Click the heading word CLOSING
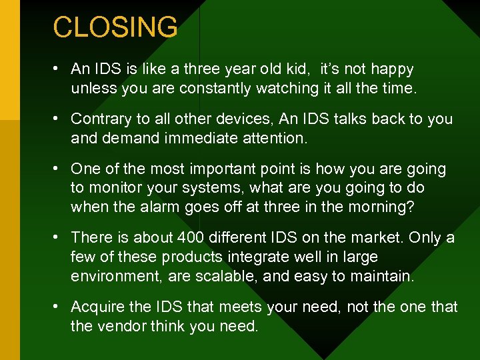115,27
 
